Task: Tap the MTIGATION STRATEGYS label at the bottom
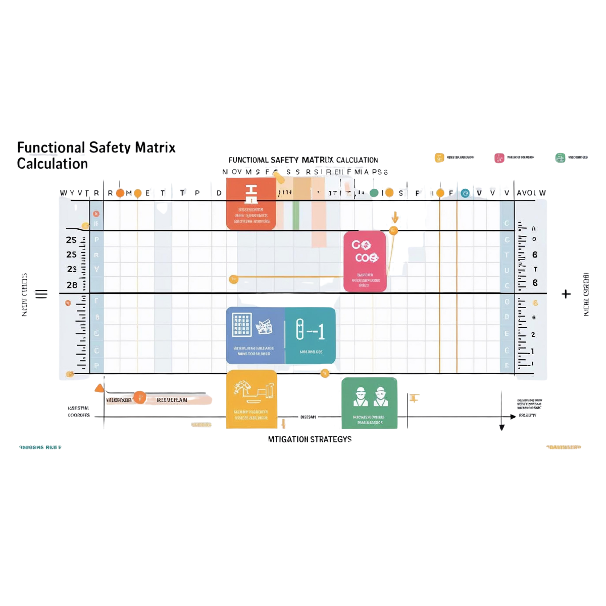tap(310, 439)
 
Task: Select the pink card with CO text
tap(365, 261)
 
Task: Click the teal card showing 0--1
tap(310, 335)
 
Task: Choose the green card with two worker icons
tap(370, 402)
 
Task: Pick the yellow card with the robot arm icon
tap(251, 399)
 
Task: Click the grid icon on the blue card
tap(241, 325)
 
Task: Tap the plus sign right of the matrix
tap(566, 294)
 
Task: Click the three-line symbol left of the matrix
tap(41, 294)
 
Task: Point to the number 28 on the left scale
tap(72, 285)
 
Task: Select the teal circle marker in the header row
tap(465, 193)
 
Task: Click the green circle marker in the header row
tap(374, 193)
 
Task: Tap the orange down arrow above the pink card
tap(395, 217)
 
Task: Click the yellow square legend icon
tap(439, 158)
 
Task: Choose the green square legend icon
tap(560, 158)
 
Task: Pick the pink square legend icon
tap(499, 158)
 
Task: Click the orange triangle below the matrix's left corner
tap(99, 388)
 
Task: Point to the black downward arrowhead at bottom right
tap(501, 427)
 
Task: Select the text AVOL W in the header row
tap(531, 193)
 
